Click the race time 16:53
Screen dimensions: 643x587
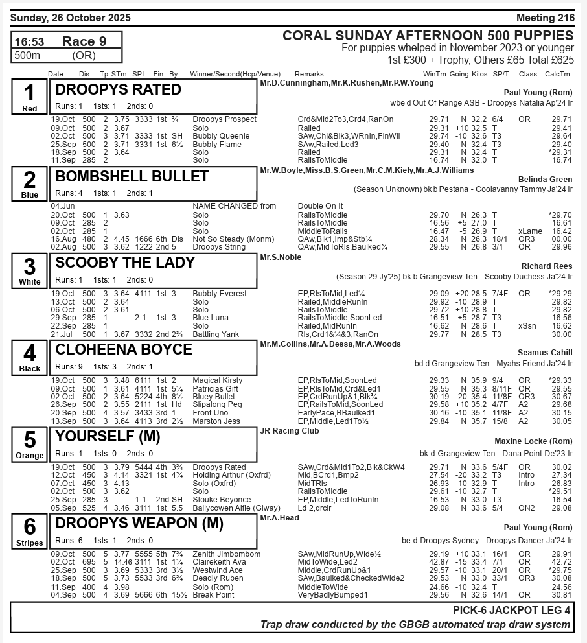coord(29,42)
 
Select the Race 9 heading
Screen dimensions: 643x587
coord(84,41)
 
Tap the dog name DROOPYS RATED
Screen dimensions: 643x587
coord(119,89)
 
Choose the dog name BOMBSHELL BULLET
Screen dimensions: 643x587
coord(132,176)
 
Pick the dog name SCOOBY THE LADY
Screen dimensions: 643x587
coord(125,263)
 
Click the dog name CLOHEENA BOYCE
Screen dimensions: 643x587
coord(124,350)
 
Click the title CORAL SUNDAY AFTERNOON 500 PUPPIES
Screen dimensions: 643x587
coord(428,36)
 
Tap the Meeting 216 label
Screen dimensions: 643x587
coord(545,18)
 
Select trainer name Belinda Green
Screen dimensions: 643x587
coord(545,180)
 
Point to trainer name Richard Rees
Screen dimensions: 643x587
coord(547,266)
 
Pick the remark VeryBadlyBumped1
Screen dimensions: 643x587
coord(332,595)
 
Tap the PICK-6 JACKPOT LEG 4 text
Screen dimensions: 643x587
coord(512,611)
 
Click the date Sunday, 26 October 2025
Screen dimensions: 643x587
coord(70,18)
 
